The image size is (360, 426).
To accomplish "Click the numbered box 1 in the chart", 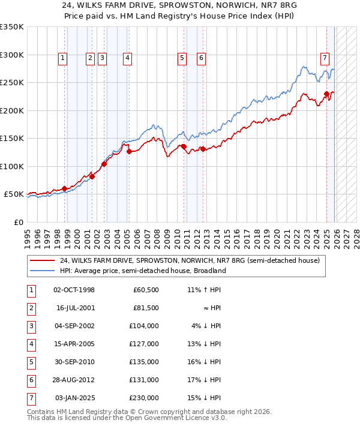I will click(x=64, y=58).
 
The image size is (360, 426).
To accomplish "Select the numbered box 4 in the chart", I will click(x=128, y=58).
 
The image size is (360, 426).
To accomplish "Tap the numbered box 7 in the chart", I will click(x=325, y=58).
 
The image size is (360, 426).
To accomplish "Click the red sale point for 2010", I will click(x=184, y=146).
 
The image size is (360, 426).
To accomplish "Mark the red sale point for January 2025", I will click(x=326, y=94).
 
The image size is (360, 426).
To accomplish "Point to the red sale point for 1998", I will click(x=65, y=188).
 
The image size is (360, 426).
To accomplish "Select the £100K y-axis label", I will click(x=12, y=166).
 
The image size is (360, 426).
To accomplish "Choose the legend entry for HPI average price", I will click(x=143, y=271).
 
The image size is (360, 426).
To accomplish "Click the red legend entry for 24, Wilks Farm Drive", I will click(x=190, y=260).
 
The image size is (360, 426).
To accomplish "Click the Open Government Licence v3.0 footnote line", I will click(x=127, y=418).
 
